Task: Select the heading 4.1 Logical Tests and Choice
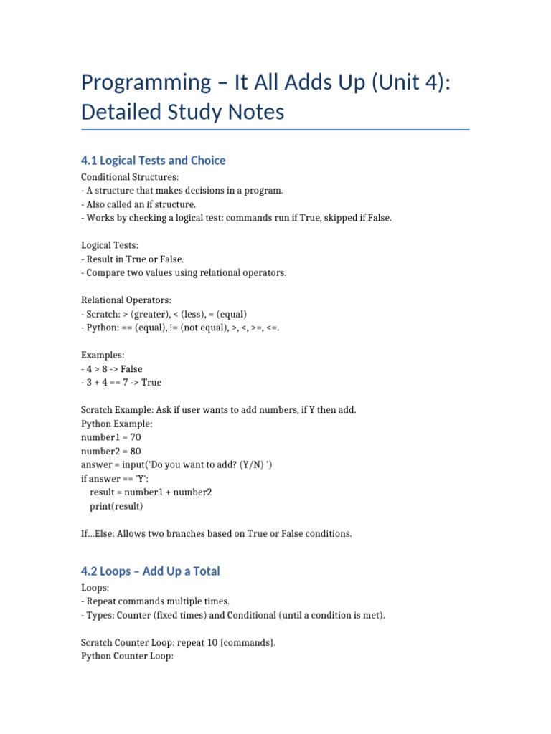(153, 160)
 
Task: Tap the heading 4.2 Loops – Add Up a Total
(150, 571)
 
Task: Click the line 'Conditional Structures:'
(125, 177)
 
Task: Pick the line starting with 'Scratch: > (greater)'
(164, 314)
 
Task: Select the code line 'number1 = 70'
(105, 437)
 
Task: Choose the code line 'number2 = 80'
(105, 451)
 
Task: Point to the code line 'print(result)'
(116, 505)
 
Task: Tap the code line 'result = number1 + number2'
(151, 492)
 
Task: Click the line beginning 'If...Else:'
(216, 533)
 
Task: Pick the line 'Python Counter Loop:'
(127, 656)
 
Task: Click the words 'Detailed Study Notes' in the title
(182, 112)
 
